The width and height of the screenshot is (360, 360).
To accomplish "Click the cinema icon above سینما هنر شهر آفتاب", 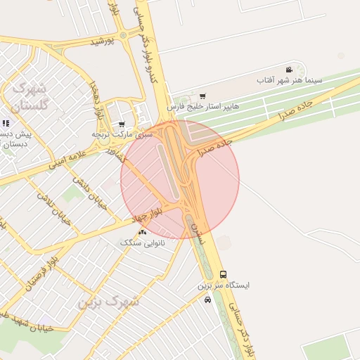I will point(289,69).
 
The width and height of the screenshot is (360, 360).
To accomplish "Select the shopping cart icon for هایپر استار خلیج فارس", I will point(203,96).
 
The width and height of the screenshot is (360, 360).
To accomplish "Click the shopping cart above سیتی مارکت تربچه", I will point(122,124).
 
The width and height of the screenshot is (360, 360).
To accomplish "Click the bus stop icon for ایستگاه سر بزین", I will point(224,274).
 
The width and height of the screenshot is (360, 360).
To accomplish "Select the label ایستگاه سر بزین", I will point(223,285).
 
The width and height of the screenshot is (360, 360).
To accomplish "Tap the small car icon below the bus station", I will point(207,300).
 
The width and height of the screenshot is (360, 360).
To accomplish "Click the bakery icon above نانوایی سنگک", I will point(143,231).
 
